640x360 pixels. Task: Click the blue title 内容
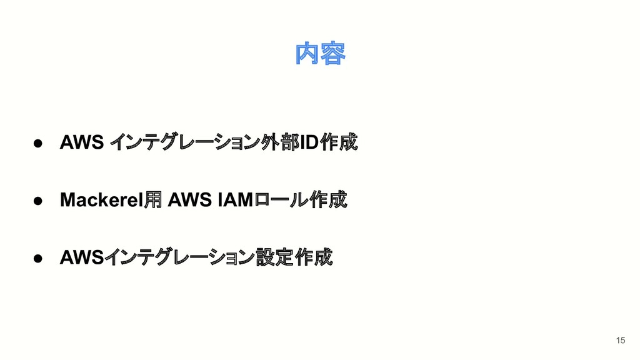(x=320, y=54)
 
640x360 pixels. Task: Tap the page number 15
(x=620, y=340)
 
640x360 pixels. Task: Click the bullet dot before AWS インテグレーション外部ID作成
(x=37, y=143)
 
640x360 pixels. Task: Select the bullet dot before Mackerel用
(x=37, y=200)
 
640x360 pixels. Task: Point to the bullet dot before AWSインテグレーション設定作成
(x=37, y=257)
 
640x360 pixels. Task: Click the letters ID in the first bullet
(x=309, y=143)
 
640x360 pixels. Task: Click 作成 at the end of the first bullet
(x=338, y=143)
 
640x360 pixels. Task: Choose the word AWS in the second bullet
(x=191, y=200)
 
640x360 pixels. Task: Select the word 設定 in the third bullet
(x=275, y=257)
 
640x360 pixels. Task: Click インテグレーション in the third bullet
(x=179, y=257)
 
